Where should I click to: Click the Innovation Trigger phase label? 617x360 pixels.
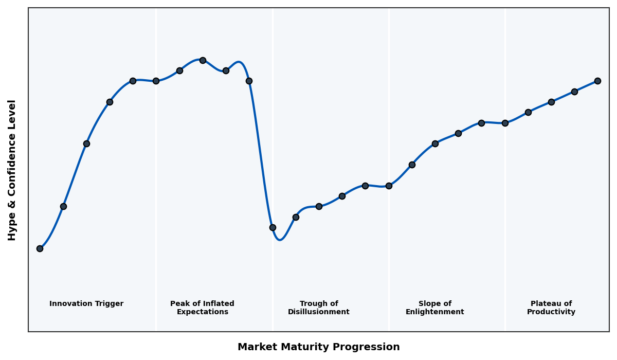86,304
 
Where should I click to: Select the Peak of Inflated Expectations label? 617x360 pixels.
202,308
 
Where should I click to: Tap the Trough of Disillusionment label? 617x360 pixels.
319,308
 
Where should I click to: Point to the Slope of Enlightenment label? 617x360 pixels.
434,308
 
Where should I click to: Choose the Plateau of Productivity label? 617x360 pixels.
551,308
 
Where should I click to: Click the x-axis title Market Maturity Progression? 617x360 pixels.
318,347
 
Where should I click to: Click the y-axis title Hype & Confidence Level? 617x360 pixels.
12,170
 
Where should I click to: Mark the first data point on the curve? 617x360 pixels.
40,248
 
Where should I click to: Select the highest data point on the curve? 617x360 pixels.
203,60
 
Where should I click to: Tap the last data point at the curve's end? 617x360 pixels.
597,81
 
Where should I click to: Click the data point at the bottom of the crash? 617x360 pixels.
273,227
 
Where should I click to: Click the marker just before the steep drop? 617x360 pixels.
249,81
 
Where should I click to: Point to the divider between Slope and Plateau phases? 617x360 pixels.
505,206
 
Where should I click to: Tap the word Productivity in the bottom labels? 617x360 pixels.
551,312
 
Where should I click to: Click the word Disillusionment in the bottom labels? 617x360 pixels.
319,312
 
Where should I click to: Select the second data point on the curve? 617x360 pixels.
63,206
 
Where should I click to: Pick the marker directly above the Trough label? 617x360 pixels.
319,206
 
